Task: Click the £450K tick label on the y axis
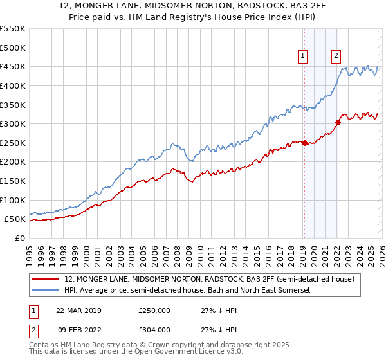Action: [x=13, y=66]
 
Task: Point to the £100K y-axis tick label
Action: [x=13, y=200]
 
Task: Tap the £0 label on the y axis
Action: [x=19, y=238]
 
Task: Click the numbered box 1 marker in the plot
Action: [x=303, y=56]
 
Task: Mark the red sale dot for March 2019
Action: [x=304, y=143]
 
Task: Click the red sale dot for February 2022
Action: [x=338, y=122]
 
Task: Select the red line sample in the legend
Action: [x=46, y=280]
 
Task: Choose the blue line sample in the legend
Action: [x=46, y=291]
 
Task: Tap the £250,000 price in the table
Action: [x=154, y=310]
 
